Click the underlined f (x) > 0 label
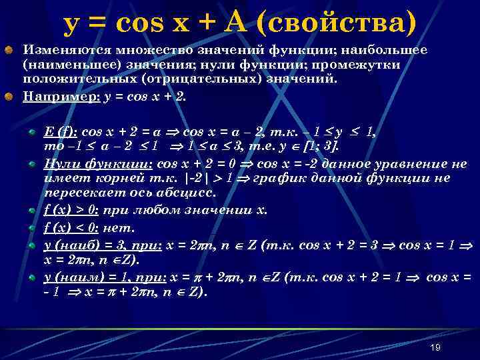[x=71, y=210]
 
